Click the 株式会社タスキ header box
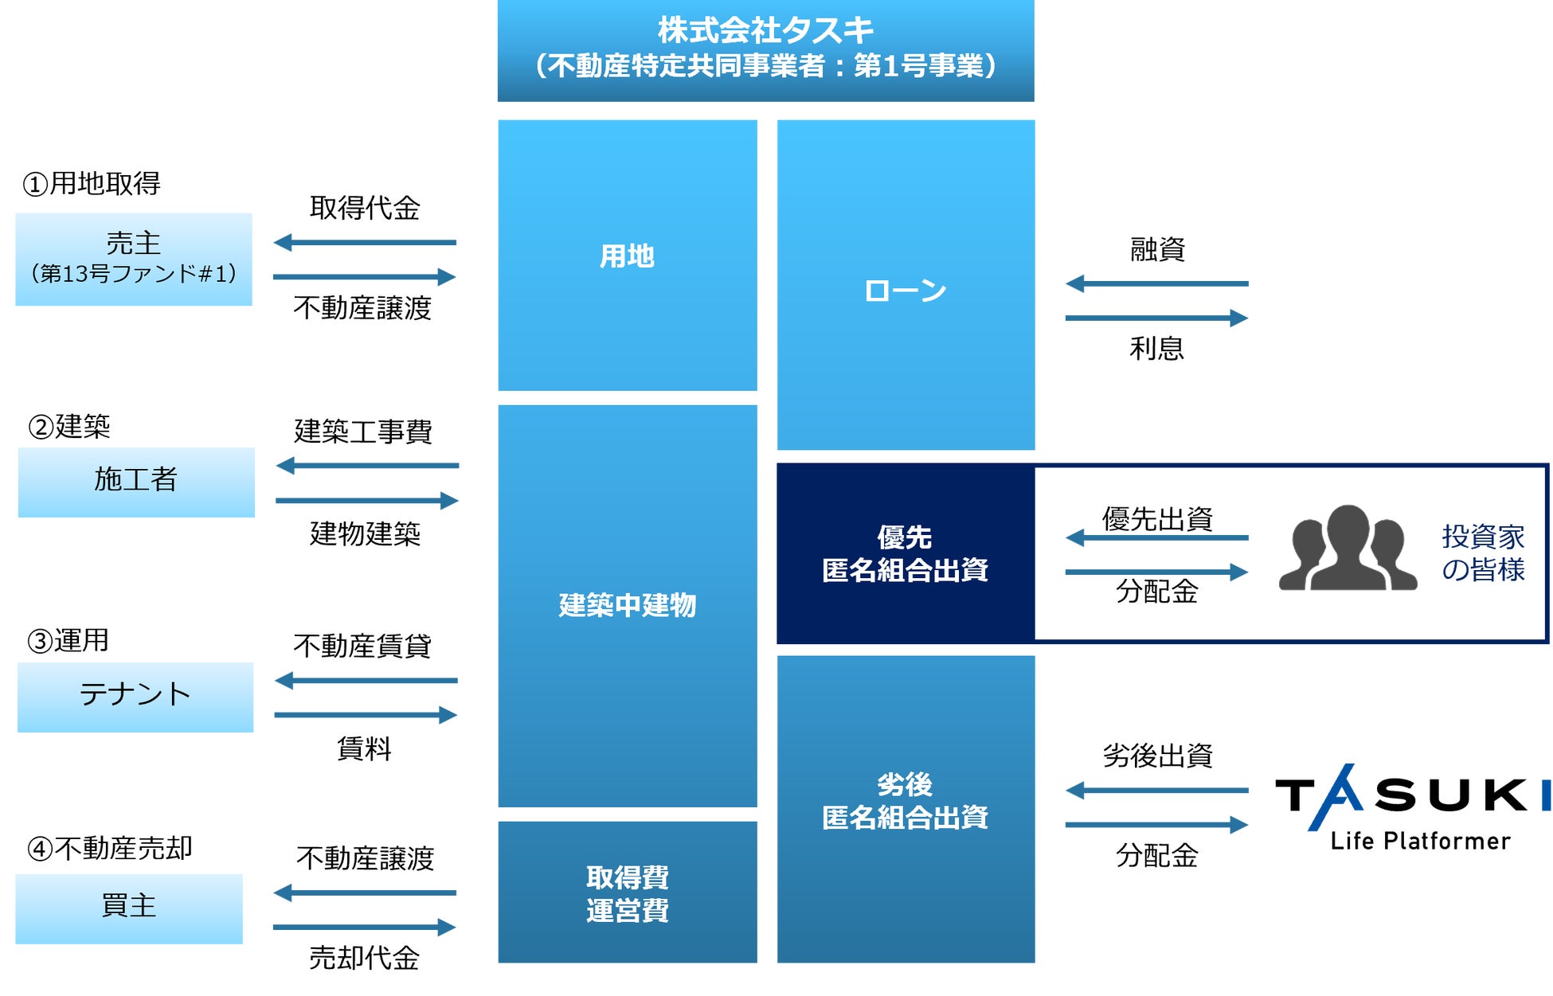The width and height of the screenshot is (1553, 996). point(765,49)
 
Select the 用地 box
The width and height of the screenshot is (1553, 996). point(627,256)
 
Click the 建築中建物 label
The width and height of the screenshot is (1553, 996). point(627,605)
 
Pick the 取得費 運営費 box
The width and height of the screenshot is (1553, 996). point(627,892)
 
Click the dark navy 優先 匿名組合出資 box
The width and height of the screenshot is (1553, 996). point(906,553)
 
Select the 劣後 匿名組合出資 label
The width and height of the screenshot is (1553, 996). point(906,801)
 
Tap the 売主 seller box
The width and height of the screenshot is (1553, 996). point(134,259)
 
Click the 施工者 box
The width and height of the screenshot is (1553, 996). point(136,482)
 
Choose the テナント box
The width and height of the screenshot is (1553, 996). point(135,697)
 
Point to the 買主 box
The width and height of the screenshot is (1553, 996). point(129,908)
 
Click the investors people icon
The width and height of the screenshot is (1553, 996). point(1348,549)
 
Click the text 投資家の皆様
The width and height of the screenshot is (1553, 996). point(1483,553)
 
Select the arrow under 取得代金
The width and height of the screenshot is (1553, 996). point(365,242)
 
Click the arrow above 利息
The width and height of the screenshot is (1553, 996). point(1156,318)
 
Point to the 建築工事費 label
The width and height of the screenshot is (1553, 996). point(363,432)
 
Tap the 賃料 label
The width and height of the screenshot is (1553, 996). point(364,748)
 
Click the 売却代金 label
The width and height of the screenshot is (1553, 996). point(364,958)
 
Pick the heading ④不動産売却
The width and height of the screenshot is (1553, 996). point(110,849)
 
